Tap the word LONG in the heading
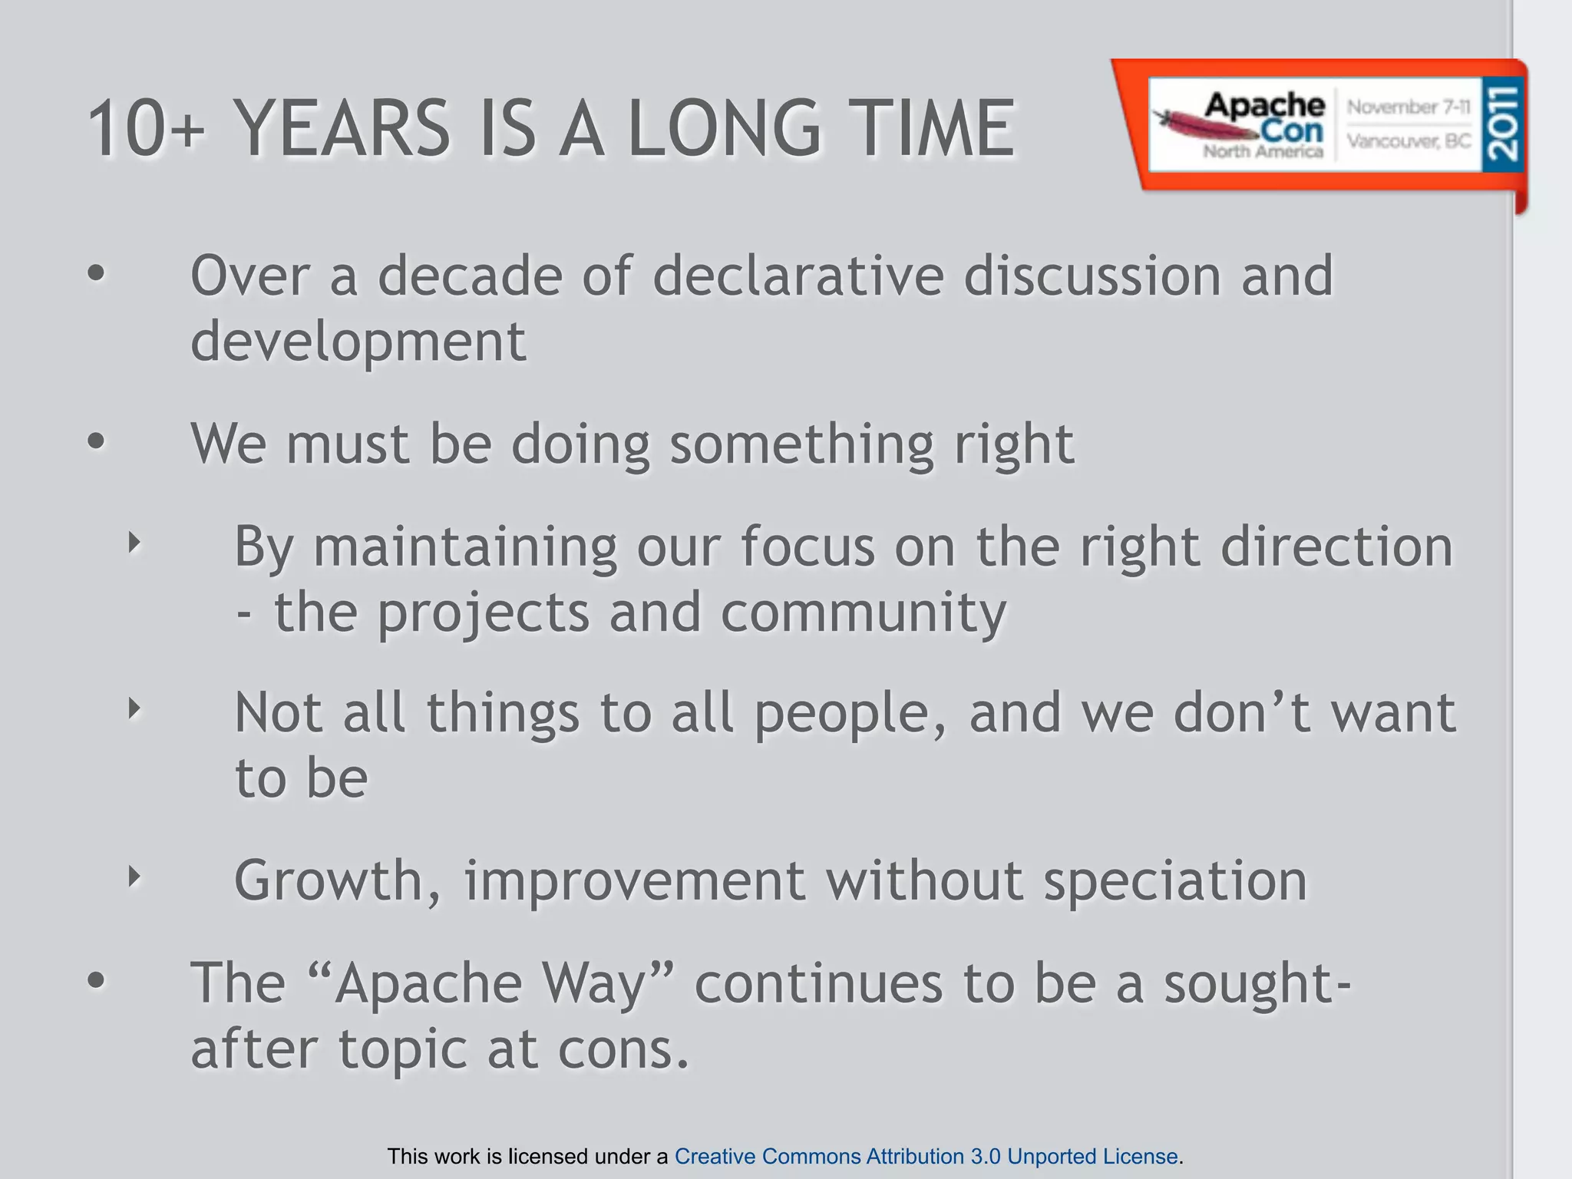pos(725,129)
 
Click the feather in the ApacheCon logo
pos(1186,125)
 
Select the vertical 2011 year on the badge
pos(1501,123)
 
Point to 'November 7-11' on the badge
pos(1409,107)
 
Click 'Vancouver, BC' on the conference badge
pos(1409,141)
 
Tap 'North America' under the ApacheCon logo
pos(1263,151)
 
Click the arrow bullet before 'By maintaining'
pos(134,543)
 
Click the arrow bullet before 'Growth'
pos(134,876)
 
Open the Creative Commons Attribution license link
pos(926,1156)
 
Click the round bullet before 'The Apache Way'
pos(95,980)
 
